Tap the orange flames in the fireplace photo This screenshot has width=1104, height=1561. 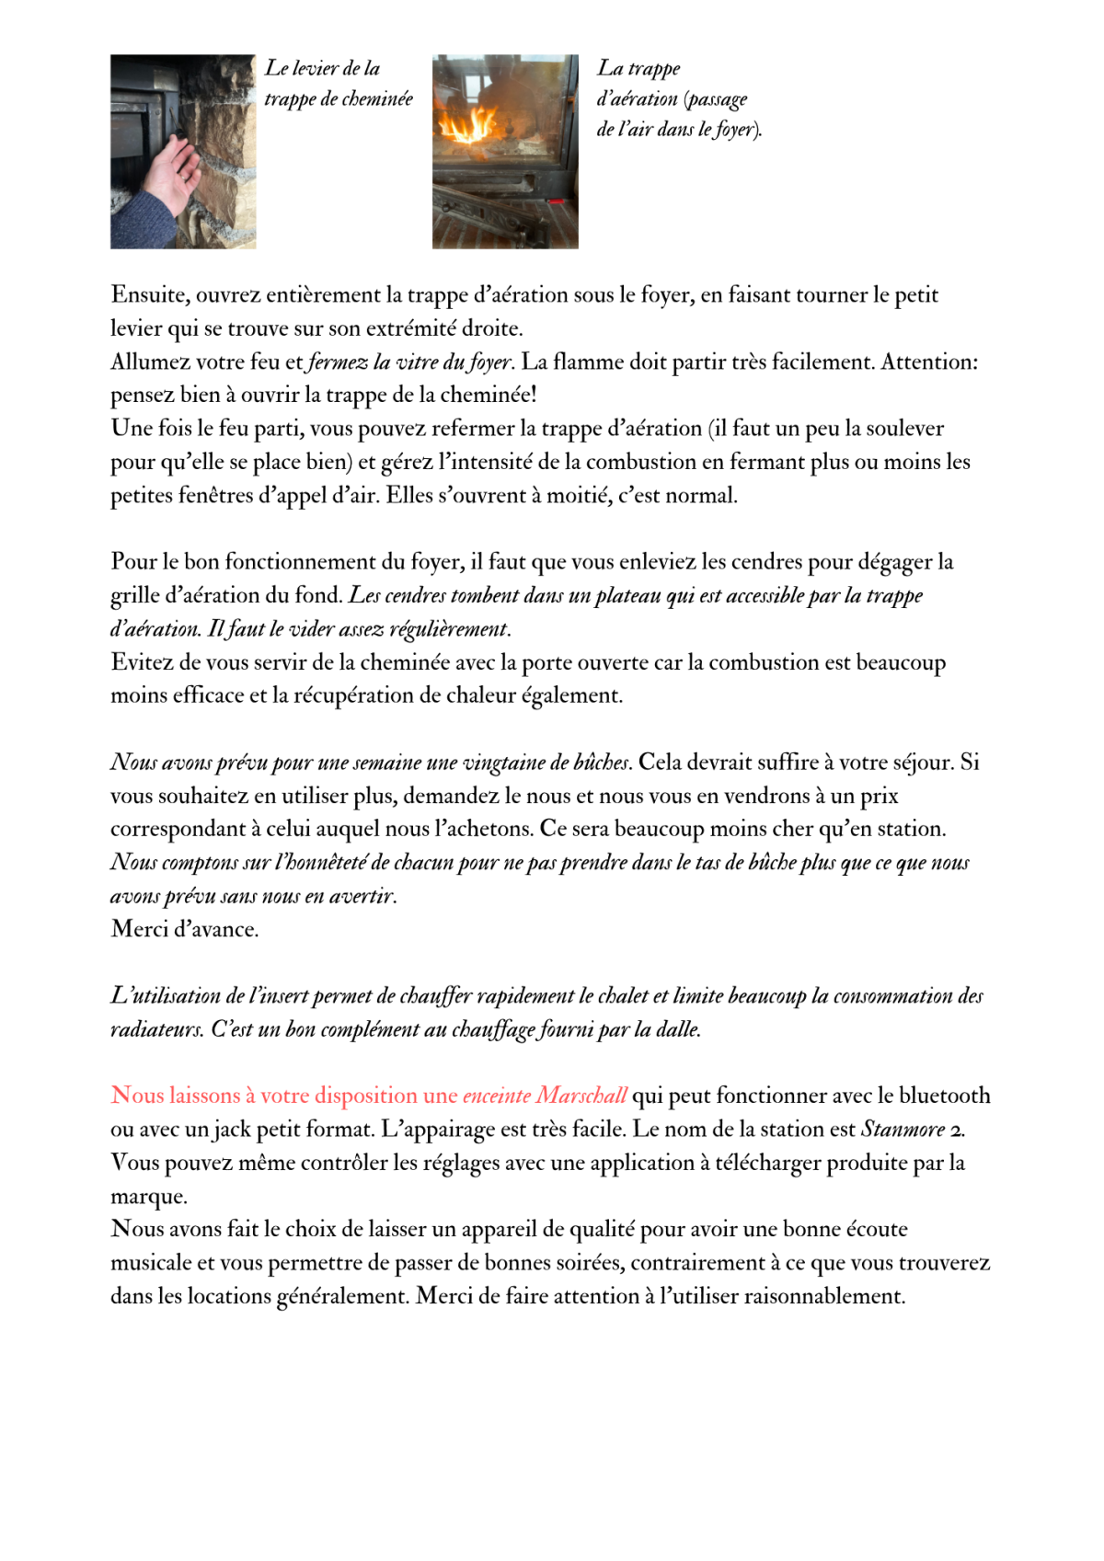[x=469, y=124]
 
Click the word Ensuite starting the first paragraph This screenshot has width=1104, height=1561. [x=149, y=295]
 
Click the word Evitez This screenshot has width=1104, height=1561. [x=143, y=662]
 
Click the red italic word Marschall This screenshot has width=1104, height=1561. [x=581, y=1096]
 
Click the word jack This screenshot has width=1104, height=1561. [x=232, y=1130]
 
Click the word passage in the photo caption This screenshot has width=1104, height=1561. [x=718, y=99]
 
